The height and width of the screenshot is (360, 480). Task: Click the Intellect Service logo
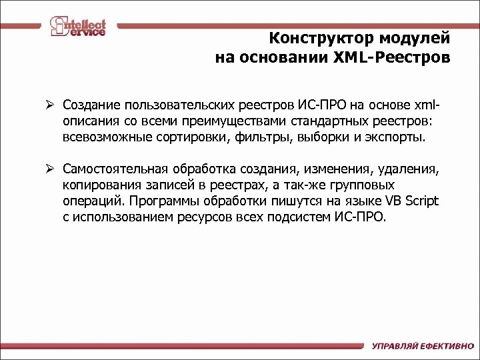[x=78, y=27]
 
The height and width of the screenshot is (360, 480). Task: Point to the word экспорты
[x=399, y=138]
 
